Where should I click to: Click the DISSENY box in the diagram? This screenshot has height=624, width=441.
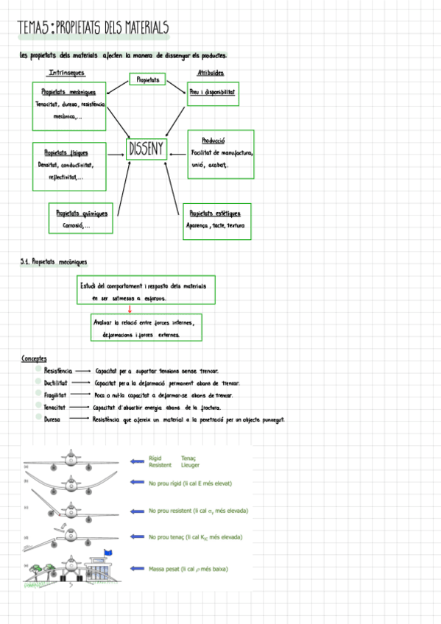146,150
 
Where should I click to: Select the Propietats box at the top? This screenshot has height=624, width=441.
148,79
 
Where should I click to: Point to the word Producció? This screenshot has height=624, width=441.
213,140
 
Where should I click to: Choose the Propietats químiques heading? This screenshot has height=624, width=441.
82,213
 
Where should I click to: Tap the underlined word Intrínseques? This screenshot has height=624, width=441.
66,73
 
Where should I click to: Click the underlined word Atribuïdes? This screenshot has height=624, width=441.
211,73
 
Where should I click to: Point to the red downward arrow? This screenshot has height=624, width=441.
130,309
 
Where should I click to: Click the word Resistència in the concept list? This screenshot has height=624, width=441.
58,372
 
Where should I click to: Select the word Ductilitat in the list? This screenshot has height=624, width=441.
56,383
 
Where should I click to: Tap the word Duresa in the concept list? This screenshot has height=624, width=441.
52,419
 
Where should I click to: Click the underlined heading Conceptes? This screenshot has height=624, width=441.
35,358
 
